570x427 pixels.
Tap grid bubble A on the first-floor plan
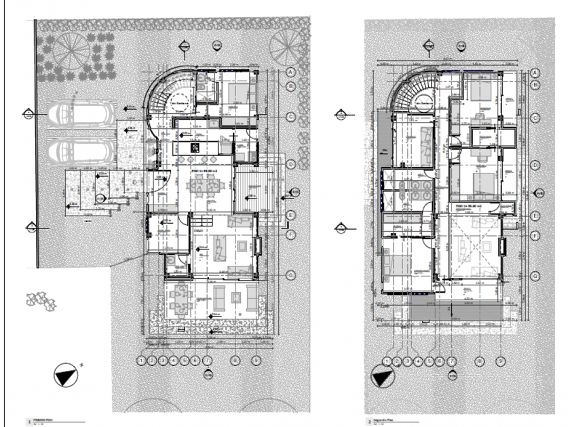point(290,72)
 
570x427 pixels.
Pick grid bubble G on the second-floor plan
point(535,276)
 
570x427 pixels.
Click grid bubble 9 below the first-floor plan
point(254,361)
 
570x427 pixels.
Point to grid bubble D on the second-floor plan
point(535,165)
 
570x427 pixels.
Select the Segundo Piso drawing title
point(382,420)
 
